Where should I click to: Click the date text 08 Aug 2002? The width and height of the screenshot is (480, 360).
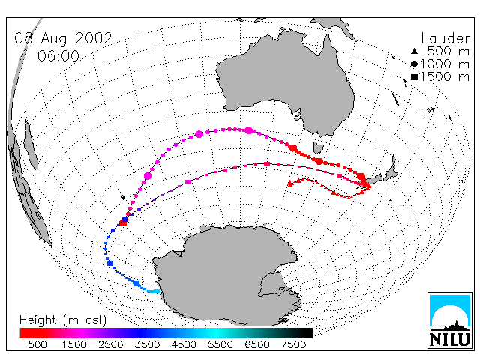[x=63, y=38]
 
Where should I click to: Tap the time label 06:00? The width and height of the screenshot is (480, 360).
[x=58, y=56]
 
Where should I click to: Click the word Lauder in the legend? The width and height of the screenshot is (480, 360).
[x=445, y=38]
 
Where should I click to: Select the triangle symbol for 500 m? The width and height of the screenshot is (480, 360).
[x=414, y=51]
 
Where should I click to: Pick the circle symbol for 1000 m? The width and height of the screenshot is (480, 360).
[x=414, y=64]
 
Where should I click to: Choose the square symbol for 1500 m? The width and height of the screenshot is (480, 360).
[x=415, y=76]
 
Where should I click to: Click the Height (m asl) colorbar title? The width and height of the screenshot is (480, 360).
[x=63, y=320]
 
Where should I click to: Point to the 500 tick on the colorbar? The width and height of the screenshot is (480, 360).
[x=37, y=345]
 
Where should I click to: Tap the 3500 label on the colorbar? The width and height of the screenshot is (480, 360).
[x=147, y=345]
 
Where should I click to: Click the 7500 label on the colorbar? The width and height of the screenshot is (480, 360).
[x=293, y=345]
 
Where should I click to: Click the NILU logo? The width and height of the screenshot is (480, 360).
[x=450, y=320]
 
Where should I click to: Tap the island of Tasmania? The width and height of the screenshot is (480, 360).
[x=318, y=148]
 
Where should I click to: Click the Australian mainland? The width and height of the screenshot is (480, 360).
[x=285, y=82]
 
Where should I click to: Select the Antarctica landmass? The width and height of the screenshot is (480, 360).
[x=226, y=272]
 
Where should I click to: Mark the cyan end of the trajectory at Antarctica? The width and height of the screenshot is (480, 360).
[x=157, y=291]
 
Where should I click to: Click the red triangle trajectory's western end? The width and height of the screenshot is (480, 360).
[x=290, y=184]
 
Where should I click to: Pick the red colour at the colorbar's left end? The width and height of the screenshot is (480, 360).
[x=22, y=333]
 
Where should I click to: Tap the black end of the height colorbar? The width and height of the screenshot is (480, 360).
[x=310, y=333]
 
